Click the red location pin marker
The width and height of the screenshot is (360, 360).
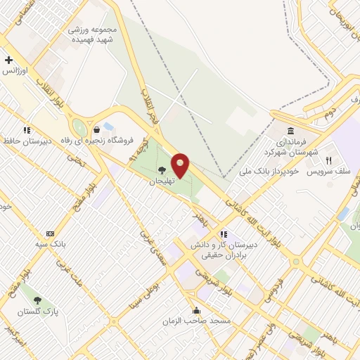pyautogui.click(x=181, y=165)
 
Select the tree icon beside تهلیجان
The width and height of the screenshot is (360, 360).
pyautogui.click(x=162, y=169)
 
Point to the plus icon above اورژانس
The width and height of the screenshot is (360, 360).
pyautogui.click(x=8, y=60)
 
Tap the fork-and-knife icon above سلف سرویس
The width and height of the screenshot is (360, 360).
pyautogui.click(x=328, y=160)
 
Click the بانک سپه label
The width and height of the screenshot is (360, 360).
pyautogui.click(x=50, y=244)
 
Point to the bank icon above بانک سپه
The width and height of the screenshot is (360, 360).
pyautogui.click(x=50, y=233)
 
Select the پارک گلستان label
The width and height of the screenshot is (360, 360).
pyautogui.click(x=38, y=311)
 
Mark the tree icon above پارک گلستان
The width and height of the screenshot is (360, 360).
pyautogui.click(x=38, y=300)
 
